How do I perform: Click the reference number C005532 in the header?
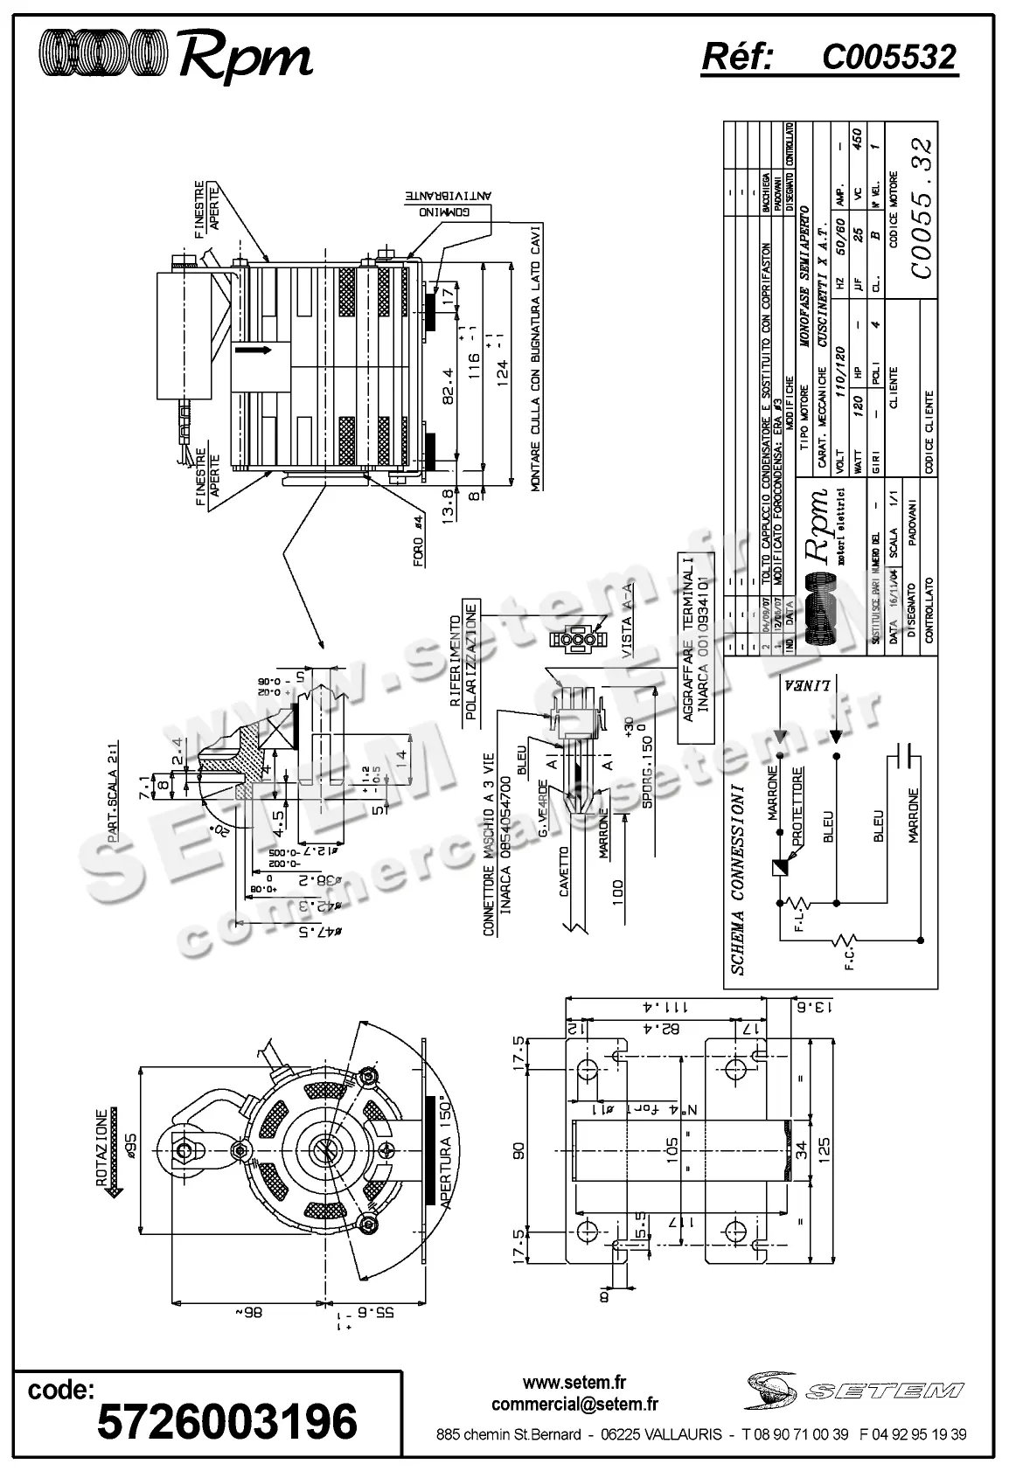[889, 58]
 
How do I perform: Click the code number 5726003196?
[227, 1421]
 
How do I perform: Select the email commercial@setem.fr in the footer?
[574, 1405]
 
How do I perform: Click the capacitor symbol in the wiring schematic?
[904, 755]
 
